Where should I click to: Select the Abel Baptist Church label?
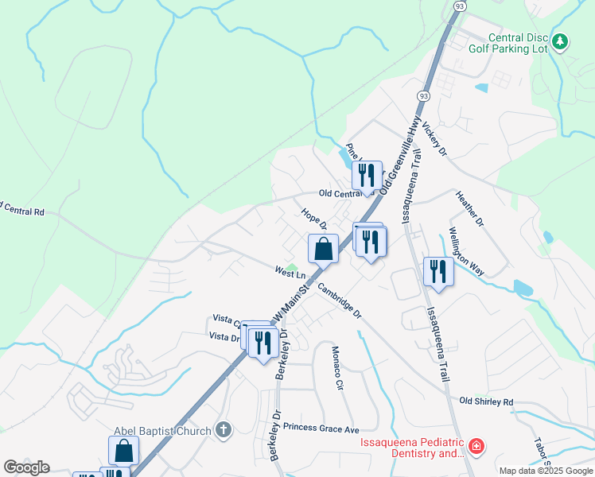click(163, 431)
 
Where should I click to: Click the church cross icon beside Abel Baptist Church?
click(224, 431)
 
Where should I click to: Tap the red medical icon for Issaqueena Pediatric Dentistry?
click(476, 448)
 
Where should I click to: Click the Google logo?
click(26, 467)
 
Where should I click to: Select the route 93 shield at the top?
click(460, 6)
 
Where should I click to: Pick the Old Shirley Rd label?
click(486, 401)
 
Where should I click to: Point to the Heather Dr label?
click(469, 208)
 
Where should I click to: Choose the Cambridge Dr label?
click(340, 301)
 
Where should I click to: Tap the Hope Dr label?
click(315, 219)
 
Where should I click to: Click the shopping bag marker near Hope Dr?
click(323, 250)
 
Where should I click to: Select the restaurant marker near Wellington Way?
click(438, 272)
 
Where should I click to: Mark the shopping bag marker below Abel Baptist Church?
click(124, 452)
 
